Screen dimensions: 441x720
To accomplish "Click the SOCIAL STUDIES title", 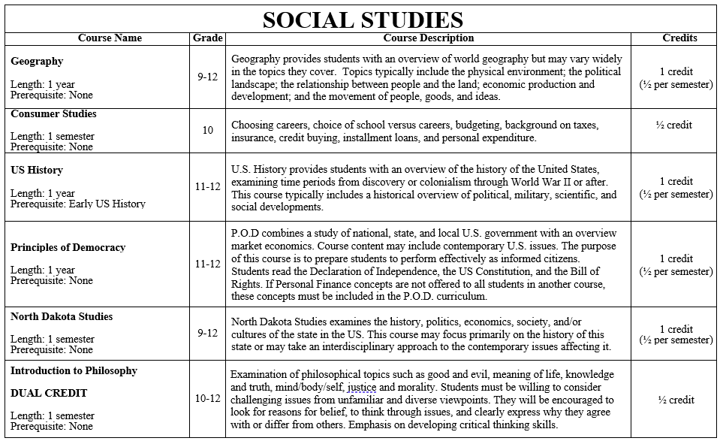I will pos(363,20).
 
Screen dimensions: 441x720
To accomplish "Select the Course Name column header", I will pos(110,38).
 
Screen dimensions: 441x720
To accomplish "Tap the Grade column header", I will pos(207,38).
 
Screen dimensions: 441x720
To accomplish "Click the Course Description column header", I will pos(428,38).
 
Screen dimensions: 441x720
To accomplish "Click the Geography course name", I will pos(37,62).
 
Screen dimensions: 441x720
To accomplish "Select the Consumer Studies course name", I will pos(53,114).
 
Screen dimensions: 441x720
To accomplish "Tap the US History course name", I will pos(37,171).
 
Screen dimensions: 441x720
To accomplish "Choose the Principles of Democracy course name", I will pos(68,247).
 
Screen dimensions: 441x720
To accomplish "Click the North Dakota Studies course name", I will pos(62,316).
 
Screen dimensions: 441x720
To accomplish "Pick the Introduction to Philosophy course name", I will pos(74,370).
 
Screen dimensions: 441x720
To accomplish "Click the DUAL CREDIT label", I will pos(49,393).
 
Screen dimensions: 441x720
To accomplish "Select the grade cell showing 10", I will pos(207,130).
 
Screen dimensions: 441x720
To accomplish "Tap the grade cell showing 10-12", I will pos(207,398).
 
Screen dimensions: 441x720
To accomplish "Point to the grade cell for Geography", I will pos(207,77).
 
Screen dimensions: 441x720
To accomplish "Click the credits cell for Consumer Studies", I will pos(674,125).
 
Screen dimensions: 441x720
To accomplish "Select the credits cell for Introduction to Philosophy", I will pos(676,400).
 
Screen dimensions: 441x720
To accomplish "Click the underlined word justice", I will pos(362,388).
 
